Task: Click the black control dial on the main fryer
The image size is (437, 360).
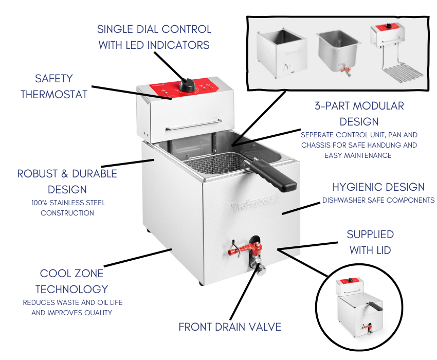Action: pyautogui.click(x=187, y=85)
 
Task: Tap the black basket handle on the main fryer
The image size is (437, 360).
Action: pyautogui.click(x=274, y=174)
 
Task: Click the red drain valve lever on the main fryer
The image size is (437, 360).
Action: pyautogui.click(x=244, y=249)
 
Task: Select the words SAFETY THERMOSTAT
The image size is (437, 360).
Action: pyautogui.click(x=54, y=86)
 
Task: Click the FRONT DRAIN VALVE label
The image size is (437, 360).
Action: pyautogui.click(x=230, y=327)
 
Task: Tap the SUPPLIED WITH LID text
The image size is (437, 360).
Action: pyautogui.click(x=370, y=242)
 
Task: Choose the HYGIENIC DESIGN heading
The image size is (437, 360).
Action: pyautogui.click(x=378, y=187)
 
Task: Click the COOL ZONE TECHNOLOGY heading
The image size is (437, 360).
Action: pyautogui.click(x=71, y=281)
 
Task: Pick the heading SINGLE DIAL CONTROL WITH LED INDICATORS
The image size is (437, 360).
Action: pyautogui.click(x=154, y=37)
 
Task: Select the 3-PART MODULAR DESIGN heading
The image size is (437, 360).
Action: pyautogui.click(x=359, y=114)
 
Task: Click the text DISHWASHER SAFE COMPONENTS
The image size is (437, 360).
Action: pyautogui.click(x=378, y=200)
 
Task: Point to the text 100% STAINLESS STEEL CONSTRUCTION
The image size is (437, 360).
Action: pyautogui.click(x=68, y=208)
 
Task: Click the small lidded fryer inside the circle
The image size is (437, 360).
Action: pyautogui.click(x=360, y=307)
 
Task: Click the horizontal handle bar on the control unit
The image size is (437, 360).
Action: pyautogui.click(x=194, y=124)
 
